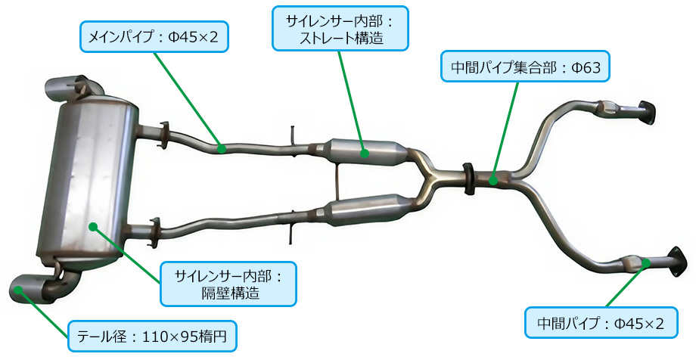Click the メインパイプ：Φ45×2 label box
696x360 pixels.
point(154,36)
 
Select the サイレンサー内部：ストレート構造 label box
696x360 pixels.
point(340,28)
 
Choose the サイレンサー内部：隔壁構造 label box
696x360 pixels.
point(228,284)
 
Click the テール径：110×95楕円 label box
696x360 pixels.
point(152,336)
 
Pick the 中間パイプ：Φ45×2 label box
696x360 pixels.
point(601,323)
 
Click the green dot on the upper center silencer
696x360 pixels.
point(365,154)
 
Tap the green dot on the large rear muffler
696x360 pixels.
point(93,227)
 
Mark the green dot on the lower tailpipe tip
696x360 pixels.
point(18,290)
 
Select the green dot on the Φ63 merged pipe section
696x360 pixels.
point(492,180)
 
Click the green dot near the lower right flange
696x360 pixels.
point(646,262)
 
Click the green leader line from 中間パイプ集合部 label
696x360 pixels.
point(505,131)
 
